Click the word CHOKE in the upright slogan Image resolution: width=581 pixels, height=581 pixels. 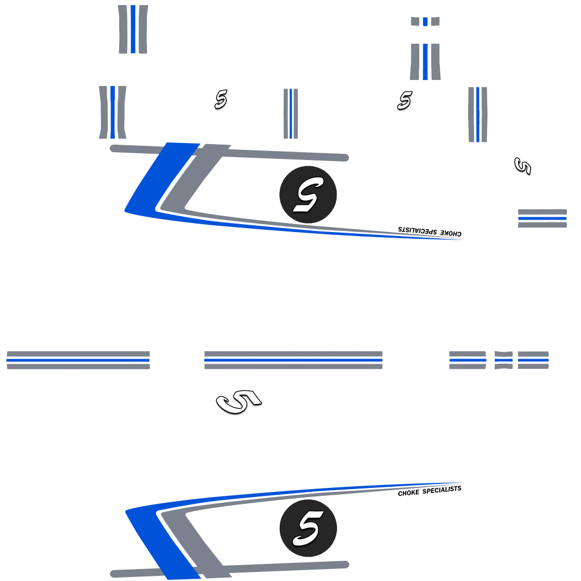tap(409, 493)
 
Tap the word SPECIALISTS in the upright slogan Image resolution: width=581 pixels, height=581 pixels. tap(442, 490)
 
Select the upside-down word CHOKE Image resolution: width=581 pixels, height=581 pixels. tap(451, 233)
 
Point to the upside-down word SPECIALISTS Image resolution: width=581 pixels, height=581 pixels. tap(418, 230)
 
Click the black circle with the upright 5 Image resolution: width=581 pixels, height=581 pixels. tap(308, 528)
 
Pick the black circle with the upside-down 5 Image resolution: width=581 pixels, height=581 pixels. tap(308, 195)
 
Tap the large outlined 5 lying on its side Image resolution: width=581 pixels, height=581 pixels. tap(239, 401)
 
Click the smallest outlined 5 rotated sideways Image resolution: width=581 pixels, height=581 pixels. tap(523, 166)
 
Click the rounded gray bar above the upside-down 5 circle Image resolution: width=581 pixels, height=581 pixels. tap(229, 153)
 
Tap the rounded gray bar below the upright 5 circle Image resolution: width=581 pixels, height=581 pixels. tap(229, 570)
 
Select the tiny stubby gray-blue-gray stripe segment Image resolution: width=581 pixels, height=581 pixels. tap(425, 22)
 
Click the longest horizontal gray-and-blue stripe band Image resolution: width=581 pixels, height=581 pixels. tap(293, 360)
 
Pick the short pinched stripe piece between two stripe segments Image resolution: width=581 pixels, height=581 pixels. tap(504, 360)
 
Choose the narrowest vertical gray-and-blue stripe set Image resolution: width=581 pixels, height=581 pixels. tap(290, 113)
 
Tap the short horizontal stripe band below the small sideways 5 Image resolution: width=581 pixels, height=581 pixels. tap(542, 218)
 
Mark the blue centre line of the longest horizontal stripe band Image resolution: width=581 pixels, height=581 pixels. tap(293, 360)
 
